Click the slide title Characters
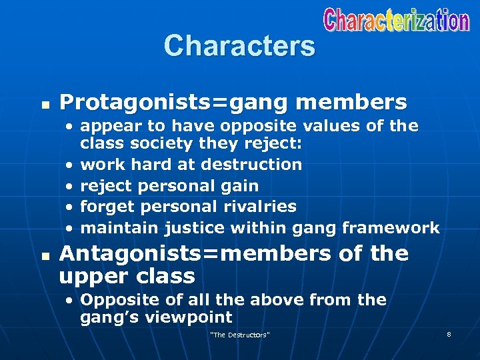[x=239, y=46]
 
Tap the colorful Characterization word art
[x=397, y=20]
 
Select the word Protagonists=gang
[x=174, y=102]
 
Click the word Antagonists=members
[x=195, y=253]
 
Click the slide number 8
[x=449, y=333]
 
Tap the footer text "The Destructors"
[x=239, y=334]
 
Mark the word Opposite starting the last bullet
[x=115, y=300]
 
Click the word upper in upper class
[x=89, y=276]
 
